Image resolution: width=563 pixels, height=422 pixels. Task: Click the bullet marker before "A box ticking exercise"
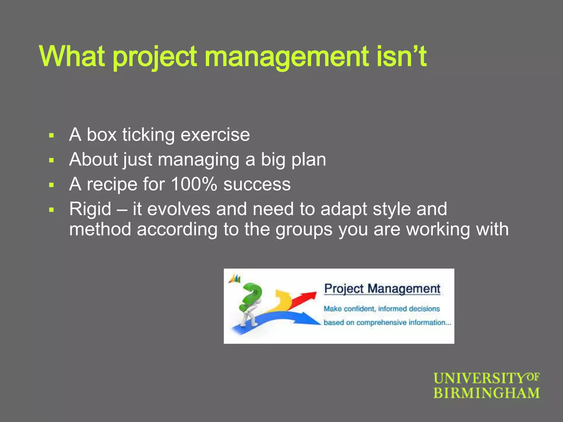pyautogui.click(x=51, y=135)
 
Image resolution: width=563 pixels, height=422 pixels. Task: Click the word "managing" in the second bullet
pyautogui.click(x=198, y=160)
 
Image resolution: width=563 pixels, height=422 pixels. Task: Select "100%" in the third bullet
pyautogui.click(x=194, y=184)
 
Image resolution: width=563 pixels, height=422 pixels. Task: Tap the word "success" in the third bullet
pyautogui.click(x=257, y=185)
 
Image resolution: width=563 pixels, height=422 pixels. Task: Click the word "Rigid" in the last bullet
pyautogui.click(x=90, y=209)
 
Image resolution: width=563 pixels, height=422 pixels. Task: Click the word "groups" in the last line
pyautogui.click(x=304, y=229)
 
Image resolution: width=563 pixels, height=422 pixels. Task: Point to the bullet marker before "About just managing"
pyautogui.click(x=51, y=160)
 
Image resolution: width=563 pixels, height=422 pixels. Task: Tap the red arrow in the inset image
pyautogui.click(x=305, y=298)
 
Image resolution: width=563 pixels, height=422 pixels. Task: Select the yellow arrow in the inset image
pyautogui.click(x=282, y=299)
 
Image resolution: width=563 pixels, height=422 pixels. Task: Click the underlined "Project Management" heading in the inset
pyautogui.click(x=382, y=289)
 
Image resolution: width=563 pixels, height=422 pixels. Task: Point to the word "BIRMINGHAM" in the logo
pyautogui.click(x=486, y=393)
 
